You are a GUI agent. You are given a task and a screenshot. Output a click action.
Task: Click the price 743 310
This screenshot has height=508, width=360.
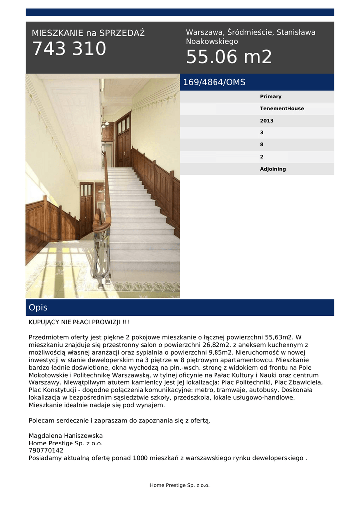[x=69, y=49]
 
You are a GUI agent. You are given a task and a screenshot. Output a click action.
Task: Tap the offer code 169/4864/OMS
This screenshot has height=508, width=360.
[x=214, y=82]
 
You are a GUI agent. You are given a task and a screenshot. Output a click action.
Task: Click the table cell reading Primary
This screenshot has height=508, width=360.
[x=271, y=97]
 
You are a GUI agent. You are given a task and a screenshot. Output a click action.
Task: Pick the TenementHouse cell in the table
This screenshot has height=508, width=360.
[x=282, y=109]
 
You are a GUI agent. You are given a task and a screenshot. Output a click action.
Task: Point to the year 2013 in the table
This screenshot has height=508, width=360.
[x=267, y=121]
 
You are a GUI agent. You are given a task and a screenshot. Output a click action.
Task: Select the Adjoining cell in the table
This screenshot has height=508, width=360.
[x=273, y=169]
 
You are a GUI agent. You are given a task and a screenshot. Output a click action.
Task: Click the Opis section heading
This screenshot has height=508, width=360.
[x=38, y=308]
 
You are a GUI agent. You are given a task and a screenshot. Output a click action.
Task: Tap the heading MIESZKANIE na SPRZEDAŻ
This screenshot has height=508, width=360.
[x=88, y=33]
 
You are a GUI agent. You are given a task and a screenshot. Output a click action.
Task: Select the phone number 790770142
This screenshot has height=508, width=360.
[x=46, y=450]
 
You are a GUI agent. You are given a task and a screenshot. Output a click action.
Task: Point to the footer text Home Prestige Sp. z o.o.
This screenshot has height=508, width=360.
[x=180, y=485]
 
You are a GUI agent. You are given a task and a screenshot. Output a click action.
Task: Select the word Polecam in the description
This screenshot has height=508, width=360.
[x=42, y=421]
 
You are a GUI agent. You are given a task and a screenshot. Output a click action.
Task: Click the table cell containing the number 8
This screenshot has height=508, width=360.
[x=262, y=145]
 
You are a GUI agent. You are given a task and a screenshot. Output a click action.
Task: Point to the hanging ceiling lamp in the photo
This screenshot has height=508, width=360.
[x=104, y=123]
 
